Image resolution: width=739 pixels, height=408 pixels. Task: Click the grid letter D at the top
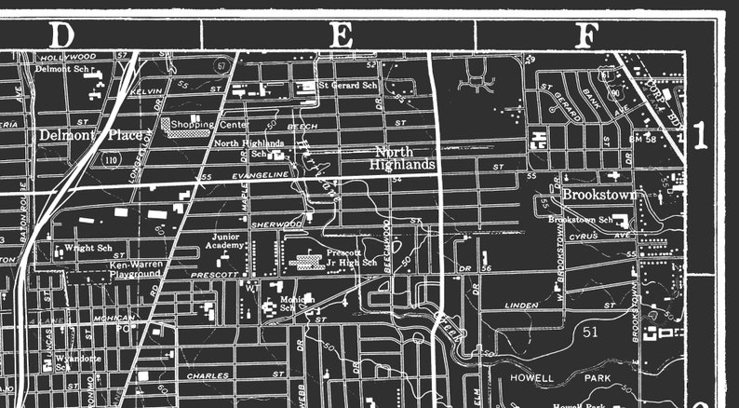[x=61, y=35]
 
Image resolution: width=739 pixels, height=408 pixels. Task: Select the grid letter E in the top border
[x=343, y=35]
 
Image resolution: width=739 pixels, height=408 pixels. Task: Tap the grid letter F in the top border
[x=585, y=35]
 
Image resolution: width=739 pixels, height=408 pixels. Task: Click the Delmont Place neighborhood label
[x=91, y=135]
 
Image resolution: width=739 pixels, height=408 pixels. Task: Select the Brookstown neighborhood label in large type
[x=598, y=196]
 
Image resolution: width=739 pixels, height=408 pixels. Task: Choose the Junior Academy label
[x=227, y=242]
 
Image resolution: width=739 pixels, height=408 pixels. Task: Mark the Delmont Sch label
[x=65, y=69]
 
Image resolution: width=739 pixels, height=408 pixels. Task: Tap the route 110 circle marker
[x=112, y=160]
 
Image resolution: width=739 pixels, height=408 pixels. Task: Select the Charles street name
[x=208, y=376]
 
